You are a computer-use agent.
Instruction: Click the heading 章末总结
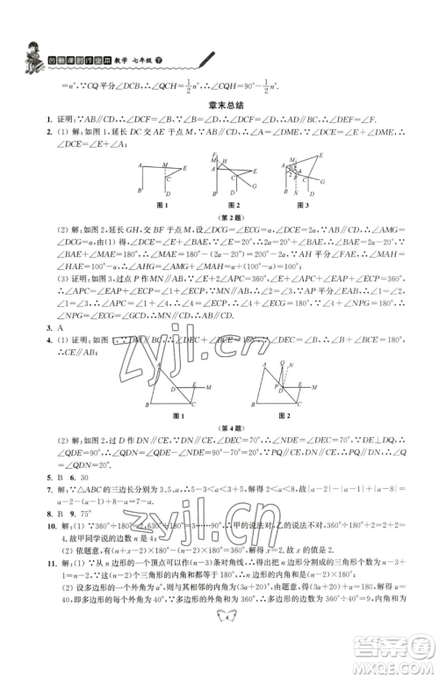coord(220,103)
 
